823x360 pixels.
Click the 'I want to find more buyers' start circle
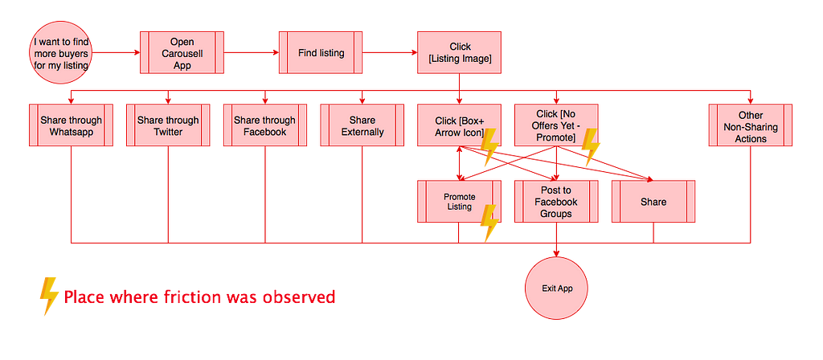coord(61,52)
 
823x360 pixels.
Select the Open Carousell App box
coord(182,52)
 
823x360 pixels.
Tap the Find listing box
coord(321,52)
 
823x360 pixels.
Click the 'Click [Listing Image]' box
coord(459,52)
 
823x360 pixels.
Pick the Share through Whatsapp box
coord(71,125)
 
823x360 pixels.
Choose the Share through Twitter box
coord(168,125)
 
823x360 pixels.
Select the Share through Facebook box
coord(265,125)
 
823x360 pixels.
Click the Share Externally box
coord(362,125)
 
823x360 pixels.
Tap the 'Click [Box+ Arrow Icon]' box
coord(459,125)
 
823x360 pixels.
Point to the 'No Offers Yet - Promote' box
coord(556,125)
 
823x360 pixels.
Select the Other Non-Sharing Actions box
coord(751,125)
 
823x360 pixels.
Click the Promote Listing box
coord(459,202)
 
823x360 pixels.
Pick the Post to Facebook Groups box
coord(556,202)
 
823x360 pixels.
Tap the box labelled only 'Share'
coord(653,202)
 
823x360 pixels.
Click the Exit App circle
coord(556,288)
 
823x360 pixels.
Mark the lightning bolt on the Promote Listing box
coord(489,223)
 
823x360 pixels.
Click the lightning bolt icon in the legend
coord(49,296)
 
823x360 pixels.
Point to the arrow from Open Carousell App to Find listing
coord(252,52)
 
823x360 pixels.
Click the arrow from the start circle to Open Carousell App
coord(116,52)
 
